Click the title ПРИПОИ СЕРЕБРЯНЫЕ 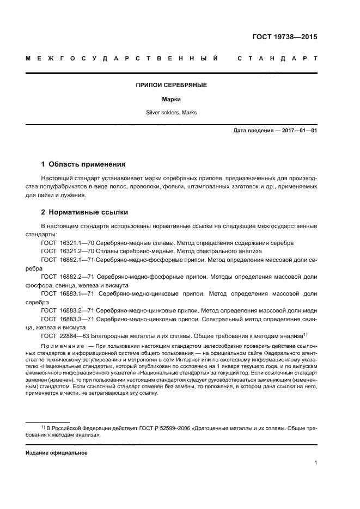tap(171, 85)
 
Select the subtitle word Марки tap(171, 100)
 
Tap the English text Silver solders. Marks tap(171, 113)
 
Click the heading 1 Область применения tap(83, 163)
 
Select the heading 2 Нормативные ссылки tap(84, 212)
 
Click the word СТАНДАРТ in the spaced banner tap(277, 58)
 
